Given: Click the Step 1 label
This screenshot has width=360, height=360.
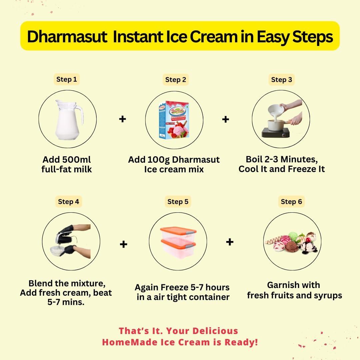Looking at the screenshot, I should (66, 79).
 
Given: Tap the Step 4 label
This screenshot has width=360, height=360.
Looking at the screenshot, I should (68, 202).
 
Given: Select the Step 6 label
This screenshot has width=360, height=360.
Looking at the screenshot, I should (291, 202).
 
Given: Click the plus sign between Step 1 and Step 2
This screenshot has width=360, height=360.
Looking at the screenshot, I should (123, 119).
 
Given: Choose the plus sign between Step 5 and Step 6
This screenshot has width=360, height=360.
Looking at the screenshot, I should (230, 242).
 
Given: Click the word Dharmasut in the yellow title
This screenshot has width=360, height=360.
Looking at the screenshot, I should (66, 37).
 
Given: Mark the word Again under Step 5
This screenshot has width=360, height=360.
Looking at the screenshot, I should (146, 287).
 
